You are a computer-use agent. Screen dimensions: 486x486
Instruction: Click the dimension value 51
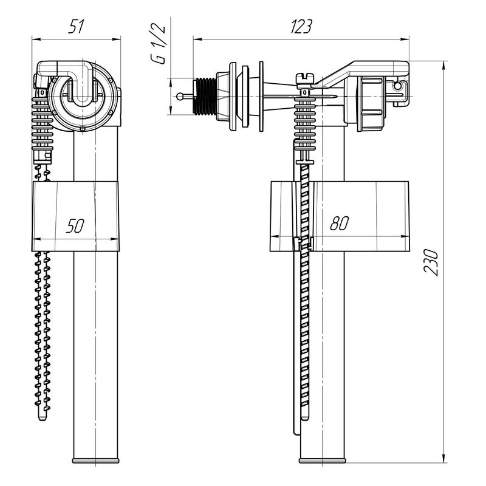pos(77,26)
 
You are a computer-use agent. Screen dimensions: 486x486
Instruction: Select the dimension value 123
pos(301,26)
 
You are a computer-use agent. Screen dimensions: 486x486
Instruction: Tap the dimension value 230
pos(431,262)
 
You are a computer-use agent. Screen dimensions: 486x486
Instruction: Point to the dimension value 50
pos(75,225)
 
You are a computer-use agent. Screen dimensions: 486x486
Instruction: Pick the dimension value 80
pos(340,223)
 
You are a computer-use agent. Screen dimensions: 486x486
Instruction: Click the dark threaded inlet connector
pos(205,96)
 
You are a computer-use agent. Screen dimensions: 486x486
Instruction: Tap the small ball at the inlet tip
pos(180,97)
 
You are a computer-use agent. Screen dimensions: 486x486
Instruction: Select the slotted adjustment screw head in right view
pos(305,78)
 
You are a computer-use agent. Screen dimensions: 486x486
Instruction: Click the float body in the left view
pos(75,216)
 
